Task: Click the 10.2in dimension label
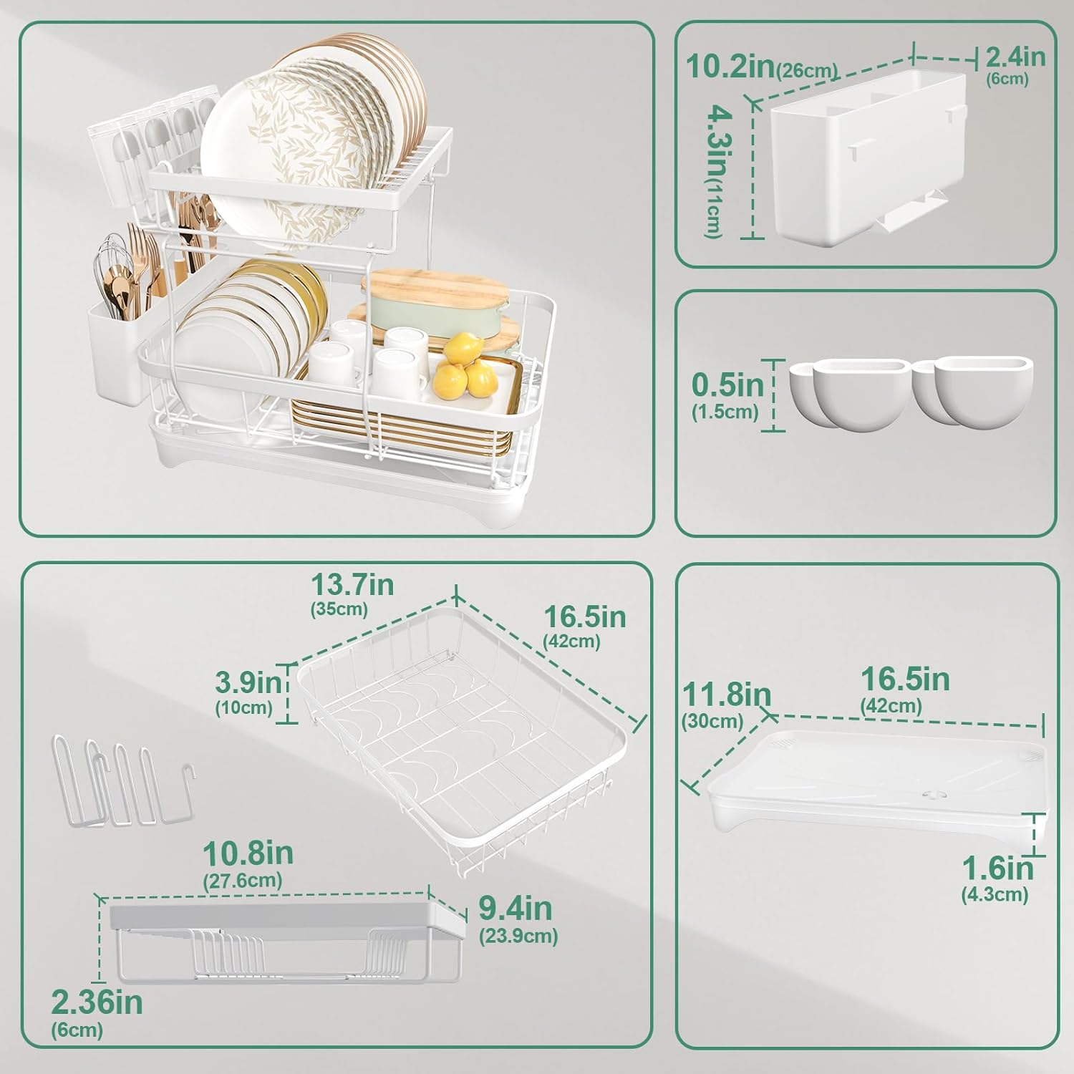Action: pyautogui.click(x=731, y=65)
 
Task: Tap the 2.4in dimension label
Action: pyautogui.click(x=1015, y=56)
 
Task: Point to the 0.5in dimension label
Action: pyautogui.click(x=727, y=384)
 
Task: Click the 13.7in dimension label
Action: pyautogui.click(x=352, y=584)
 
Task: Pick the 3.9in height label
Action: pyautogui.click(x=248, y=682)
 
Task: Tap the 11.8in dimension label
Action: pyautogui.click(x=726, y=695)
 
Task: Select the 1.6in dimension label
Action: pyautogui.click(x=997, y=869)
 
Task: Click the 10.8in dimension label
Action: pyautogui.click(x=248, y=853)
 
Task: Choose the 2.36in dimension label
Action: pyautogui.click(x=97, y=1002)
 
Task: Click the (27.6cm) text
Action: pyautogui.click(x=243, y=880)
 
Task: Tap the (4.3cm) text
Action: pyautogui.click(x=995, y=894)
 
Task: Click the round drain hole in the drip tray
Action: pyautogui.click(x=932, y=794)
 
